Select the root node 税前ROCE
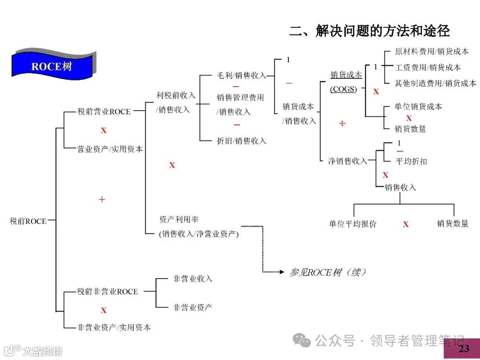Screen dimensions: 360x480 28,221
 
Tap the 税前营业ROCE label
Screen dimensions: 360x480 104,112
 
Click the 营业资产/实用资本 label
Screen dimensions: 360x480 110,149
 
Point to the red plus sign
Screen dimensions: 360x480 102,200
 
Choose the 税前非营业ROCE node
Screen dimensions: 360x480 107,292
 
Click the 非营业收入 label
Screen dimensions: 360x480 193,279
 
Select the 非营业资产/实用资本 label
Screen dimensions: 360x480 114,328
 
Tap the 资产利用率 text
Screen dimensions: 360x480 179,220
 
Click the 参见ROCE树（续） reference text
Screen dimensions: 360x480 327,272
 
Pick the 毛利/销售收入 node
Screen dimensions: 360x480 241,76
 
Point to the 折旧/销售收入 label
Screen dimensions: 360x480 241,141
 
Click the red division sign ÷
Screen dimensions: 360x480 342,123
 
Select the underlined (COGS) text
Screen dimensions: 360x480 343,89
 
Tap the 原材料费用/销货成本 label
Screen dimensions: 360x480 432,52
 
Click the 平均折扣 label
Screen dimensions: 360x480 411,161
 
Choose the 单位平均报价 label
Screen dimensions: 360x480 352,224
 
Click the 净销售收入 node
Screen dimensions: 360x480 348,161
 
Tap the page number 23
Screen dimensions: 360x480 464,348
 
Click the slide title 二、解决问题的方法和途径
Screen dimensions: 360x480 369,31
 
